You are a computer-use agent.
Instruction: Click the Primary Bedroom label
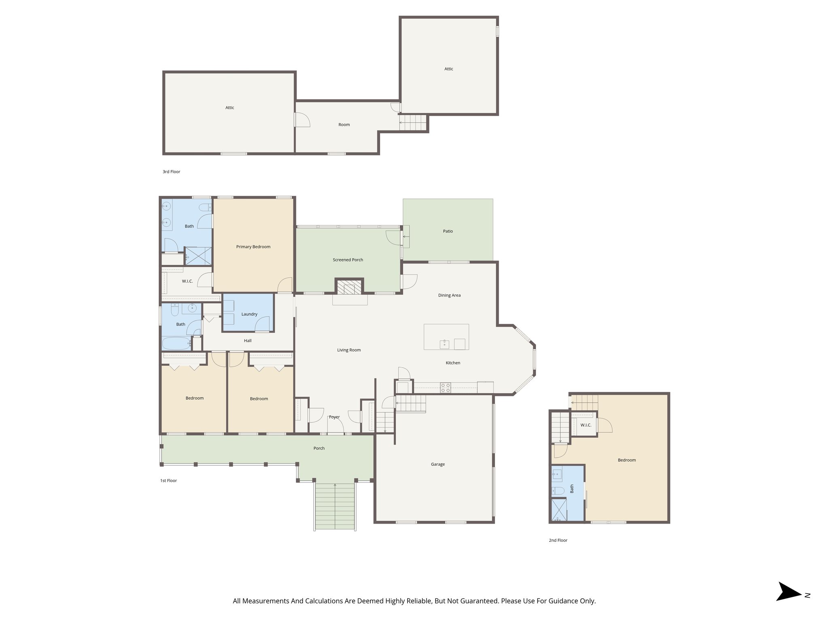pos(253,247)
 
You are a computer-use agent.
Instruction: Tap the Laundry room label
pos(249,314)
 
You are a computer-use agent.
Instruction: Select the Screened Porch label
pos(348,260)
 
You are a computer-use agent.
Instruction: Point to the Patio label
pos(448,231)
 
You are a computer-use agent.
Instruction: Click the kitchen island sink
pos(444,344)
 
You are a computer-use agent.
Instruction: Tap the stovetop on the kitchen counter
pos(446,388)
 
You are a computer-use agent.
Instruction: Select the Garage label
pos(438,464)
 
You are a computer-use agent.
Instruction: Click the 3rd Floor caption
pos(171,172)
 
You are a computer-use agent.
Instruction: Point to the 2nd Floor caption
pos(558,540)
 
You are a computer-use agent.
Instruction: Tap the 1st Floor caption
pos(168,481)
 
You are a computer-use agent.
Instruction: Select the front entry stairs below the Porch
pos(335,506)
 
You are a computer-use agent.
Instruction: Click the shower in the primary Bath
pos(198,256)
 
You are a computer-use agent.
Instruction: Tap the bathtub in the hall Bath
pos(176,344)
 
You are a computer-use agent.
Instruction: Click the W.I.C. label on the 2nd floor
pos(586,425)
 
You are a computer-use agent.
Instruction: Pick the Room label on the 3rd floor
pos(344,125)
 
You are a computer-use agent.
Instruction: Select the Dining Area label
pos(449,295)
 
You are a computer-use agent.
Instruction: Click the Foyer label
pos(334,417)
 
